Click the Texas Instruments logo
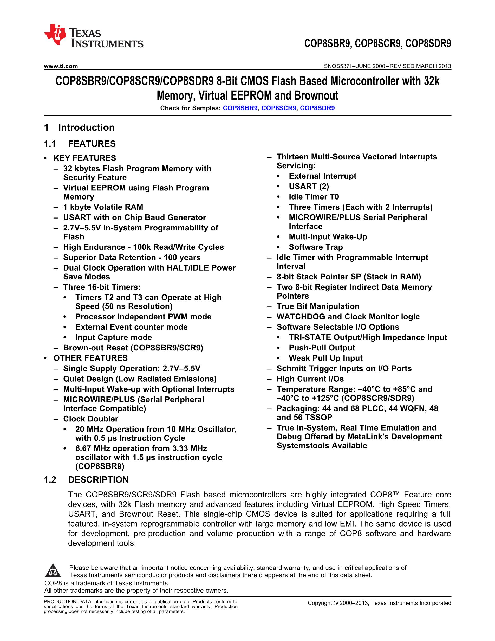(93, 36)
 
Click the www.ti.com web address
(61, 66)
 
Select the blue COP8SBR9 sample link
(240, 108)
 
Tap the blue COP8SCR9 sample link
(279, 108)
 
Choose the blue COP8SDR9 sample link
(317, 108)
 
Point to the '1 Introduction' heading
(80, 127)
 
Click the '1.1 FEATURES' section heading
(80, 144)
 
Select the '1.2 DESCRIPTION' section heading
(86, 479)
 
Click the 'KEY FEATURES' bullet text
(85, 158)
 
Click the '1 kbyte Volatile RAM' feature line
(103, 207)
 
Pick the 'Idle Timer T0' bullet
(314, 197)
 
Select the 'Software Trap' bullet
(316, 247)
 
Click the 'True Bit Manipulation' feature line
(318, 306)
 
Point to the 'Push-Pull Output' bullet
(322, 348)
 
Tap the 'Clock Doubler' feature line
(91, 419)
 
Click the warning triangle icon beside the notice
(53, 571)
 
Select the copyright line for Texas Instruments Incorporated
(379, 603)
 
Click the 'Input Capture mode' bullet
(114, 337)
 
